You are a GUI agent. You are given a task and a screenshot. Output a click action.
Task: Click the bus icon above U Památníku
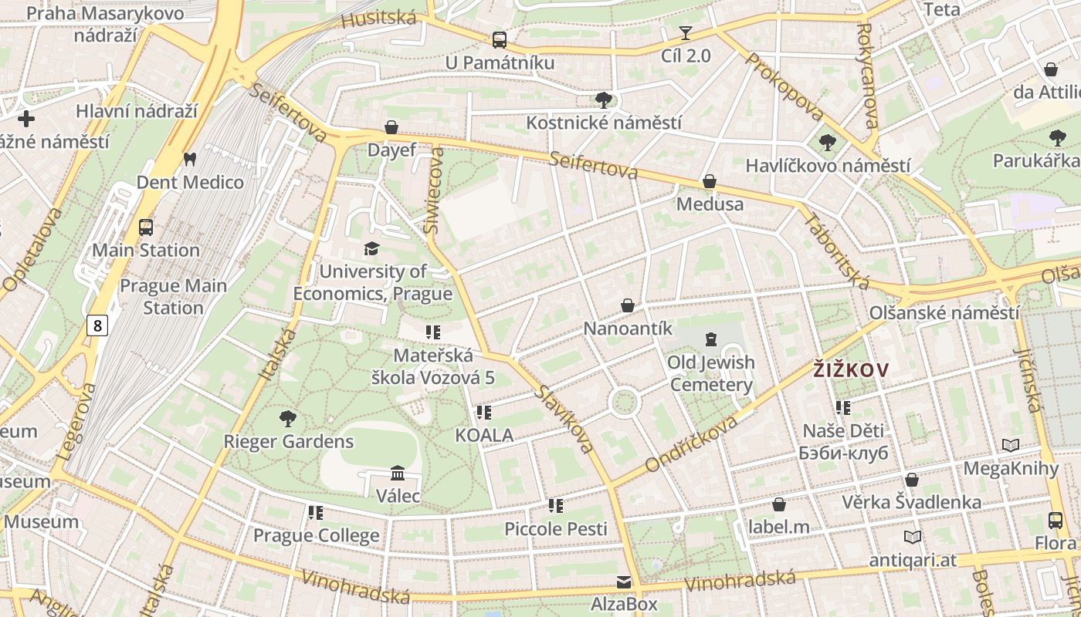click(x=500, y=39)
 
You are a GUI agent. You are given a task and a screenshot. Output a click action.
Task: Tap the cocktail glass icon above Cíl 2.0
click(x=686, y=33)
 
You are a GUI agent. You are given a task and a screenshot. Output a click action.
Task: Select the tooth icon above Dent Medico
click(x=189, y=160)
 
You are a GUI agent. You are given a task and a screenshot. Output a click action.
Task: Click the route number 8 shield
click(x=97, y=325)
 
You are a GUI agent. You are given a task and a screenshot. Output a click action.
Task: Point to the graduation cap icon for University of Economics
click(x=372, y=248)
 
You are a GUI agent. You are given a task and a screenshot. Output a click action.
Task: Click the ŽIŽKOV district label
click(x=850, y=370)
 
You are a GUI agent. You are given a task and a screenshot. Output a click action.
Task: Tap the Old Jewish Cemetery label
click(x=711, y=373)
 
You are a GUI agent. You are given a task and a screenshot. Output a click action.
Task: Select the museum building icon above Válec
click(x=398, y=473)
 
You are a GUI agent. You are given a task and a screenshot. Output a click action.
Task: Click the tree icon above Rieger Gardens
click(x=288, y=419)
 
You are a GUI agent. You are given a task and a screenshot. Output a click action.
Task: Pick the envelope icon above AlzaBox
click(x=623, y=582)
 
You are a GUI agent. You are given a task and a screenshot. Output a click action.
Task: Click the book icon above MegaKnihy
click(x=1010, y=445)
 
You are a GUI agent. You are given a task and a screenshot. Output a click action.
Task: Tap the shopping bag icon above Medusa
click(x=709, y=181)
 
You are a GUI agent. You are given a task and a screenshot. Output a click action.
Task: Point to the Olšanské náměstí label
click(x=944, y=313)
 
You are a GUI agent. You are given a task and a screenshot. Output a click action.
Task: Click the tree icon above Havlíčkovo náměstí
click(x=827, y=143)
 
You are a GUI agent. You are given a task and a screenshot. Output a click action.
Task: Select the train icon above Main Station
click(x=146, y=227)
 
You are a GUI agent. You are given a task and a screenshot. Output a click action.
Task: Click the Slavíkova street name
click(x=566, y=419)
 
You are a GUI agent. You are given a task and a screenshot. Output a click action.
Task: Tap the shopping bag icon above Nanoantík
click(x=628, y=305)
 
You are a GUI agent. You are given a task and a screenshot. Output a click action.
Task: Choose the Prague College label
click(x=317, y=535)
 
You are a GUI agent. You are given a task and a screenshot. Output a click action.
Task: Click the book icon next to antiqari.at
click(x=912, y=537)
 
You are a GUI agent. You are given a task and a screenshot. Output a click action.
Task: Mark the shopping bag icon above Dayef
click(x=391, y=127)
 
